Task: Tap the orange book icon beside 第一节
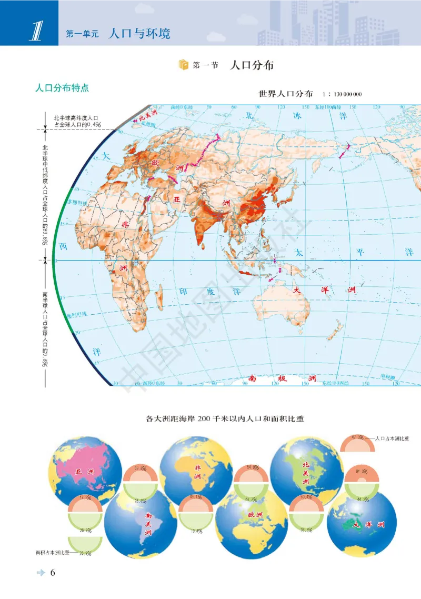pyautogui.click(x=183, y=65)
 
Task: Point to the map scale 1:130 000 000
pyautogui.click(x=342, y=94)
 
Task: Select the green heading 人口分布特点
pyautogui.click(x=61, y=87)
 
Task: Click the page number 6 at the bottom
pyautogui.click(x=53, y=573)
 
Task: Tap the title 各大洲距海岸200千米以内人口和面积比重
pyautogui.click(x=226, y=419)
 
